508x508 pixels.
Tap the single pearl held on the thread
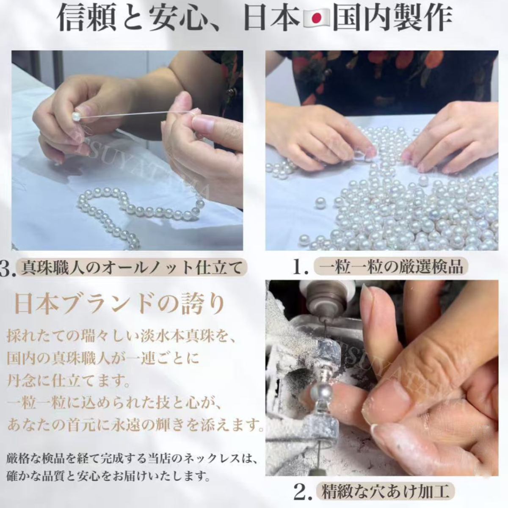tap(77, 116)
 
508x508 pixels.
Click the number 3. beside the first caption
tap(7, 269)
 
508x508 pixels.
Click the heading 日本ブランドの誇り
tap(119, 304)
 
